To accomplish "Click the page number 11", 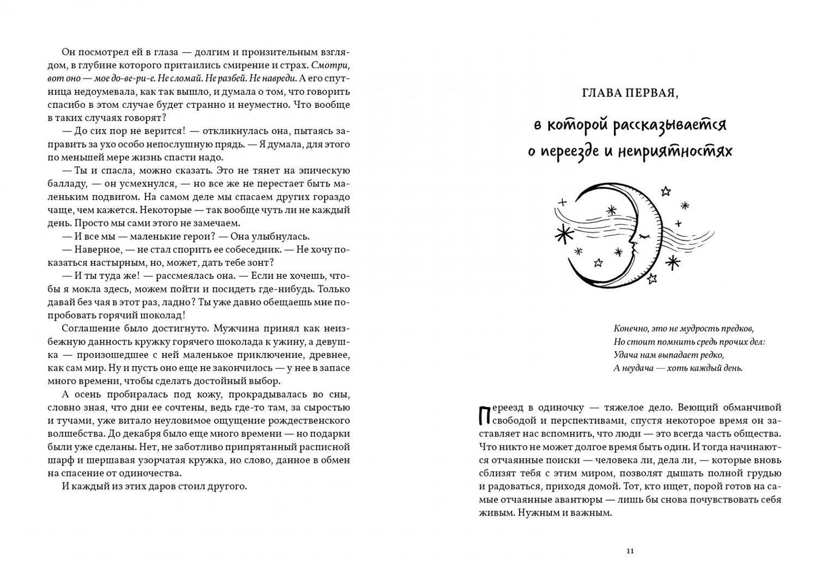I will [630, 551].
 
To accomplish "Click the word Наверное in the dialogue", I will [97, 250].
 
